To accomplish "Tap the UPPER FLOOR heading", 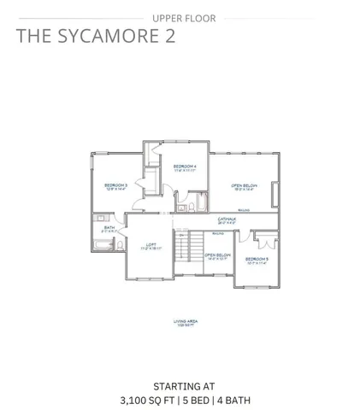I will (x=180, y=18).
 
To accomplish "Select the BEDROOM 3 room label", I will (x=116, y=185).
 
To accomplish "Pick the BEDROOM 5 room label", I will (x=257, y=259).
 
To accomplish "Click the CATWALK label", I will (x=227, y=219).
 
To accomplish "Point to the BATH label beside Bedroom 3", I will (x=109, y=228).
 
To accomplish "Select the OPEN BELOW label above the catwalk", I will (x=244, y=185).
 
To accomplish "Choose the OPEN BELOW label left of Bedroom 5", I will (x=217, y=255).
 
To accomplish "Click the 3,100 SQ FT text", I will (x=146, y=399).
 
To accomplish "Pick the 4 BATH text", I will (x=233, y=399).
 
